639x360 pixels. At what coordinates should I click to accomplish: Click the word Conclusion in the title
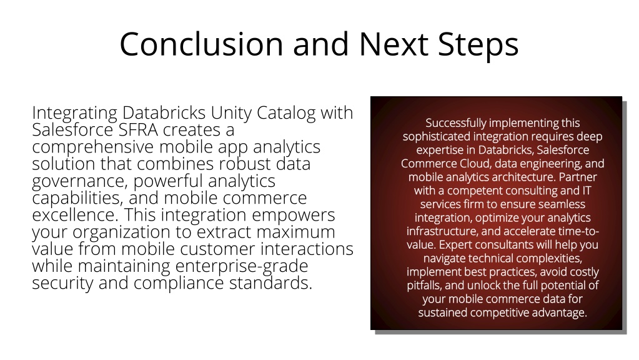[201, 44]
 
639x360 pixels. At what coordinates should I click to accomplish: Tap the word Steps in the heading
[478, 46]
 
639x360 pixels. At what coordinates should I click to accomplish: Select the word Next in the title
[394, 44]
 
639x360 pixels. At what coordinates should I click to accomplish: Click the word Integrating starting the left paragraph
[74, 113]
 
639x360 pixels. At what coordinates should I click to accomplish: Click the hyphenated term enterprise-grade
[242, 266]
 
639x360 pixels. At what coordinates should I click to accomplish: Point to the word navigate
[444, 259]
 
